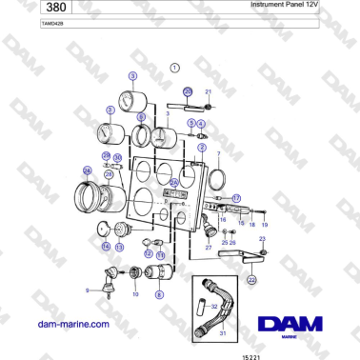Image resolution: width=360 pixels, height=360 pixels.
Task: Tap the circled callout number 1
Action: (x=175, y=68)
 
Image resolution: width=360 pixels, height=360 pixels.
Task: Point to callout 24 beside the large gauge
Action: (x=89, y=171)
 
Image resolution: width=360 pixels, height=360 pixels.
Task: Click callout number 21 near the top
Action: (x=209, y=91)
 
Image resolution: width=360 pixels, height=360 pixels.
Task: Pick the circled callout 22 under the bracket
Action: (x=251, y=280)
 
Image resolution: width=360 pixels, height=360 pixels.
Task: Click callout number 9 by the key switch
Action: (x=88, y=290)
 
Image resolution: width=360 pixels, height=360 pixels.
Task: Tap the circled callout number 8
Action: (x=159, y=295)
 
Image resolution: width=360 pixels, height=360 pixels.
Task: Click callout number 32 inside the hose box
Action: (x=215, y=307)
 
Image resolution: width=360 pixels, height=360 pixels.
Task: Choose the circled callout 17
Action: (x=237, y=197)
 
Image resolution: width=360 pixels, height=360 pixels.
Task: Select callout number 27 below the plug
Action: (x=208, y=247)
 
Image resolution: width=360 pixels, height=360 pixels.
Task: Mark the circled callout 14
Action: (x=106, y=246)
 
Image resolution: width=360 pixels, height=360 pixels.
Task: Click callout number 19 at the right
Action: (x=265, y=225)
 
